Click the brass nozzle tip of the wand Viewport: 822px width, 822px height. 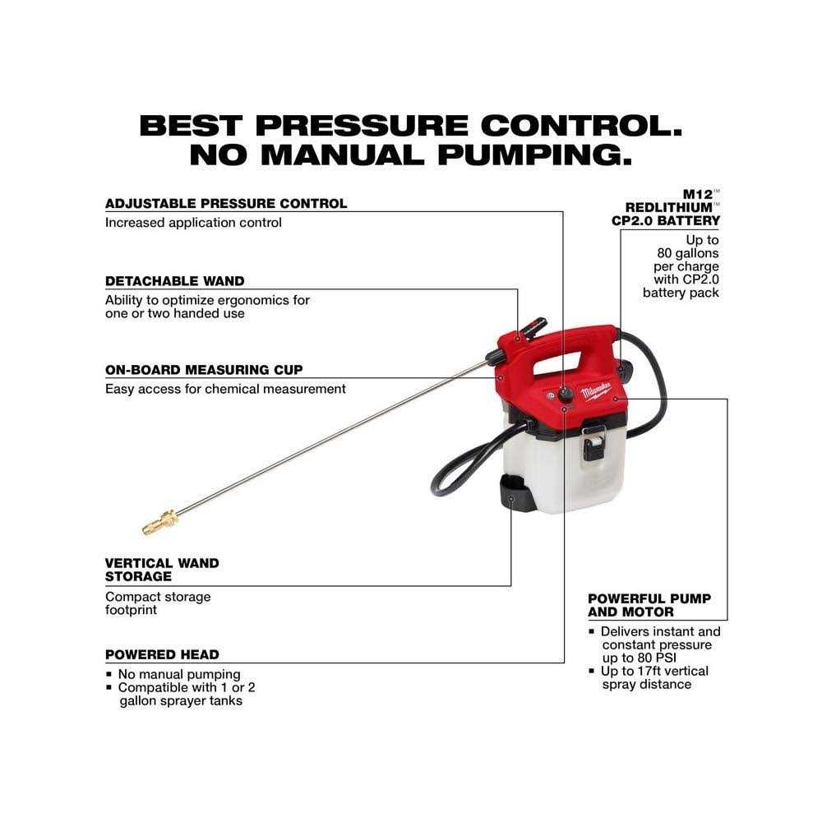point(160,522)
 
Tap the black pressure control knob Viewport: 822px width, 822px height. point(566,395)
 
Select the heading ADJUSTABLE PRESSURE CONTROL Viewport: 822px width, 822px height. point(226,203)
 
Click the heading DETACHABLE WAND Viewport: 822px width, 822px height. point(174,281)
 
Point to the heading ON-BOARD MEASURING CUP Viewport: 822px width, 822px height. point(204,370)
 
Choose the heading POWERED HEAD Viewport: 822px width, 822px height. point(162,655)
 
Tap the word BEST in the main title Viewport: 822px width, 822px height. point(192,126)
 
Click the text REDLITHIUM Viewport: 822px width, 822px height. point(669,208)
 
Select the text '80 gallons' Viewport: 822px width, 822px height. point(688,253)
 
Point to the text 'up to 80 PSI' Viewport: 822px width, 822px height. point(639,658)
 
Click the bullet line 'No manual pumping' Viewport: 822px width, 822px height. point(178,674)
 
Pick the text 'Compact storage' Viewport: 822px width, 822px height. point(158,597)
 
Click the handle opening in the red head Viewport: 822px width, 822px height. point(557,363)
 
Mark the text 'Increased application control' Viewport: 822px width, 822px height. point(193,223)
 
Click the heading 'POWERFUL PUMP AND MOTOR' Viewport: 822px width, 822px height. point(649,606)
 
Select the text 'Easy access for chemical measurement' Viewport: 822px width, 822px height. point(225,389)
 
